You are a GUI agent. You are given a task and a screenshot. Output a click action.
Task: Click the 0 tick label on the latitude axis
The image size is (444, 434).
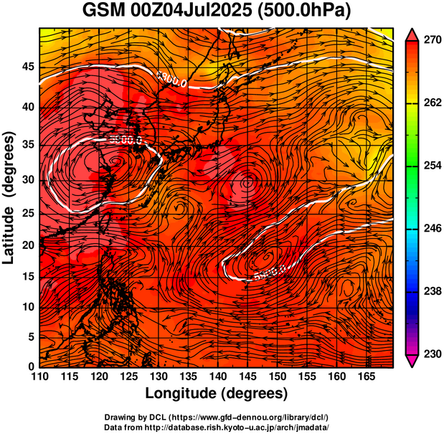[31, 366]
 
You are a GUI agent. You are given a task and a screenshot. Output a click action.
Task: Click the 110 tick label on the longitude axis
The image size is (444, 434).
[40, 377]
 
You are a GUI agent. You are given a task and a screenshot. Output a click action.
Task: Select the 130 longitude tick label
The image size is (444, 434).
[159, 377]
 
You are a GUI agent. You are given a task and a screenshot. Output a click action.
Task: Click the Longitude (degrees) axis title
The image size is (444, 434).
[217, 393]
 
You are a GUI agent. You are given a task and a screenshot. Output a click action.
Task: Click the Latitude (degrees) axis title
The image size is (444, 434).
[10, 198]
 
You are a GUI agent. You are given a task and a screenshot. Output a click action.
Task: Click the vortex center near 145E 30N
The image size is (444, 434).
[248, 182]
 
